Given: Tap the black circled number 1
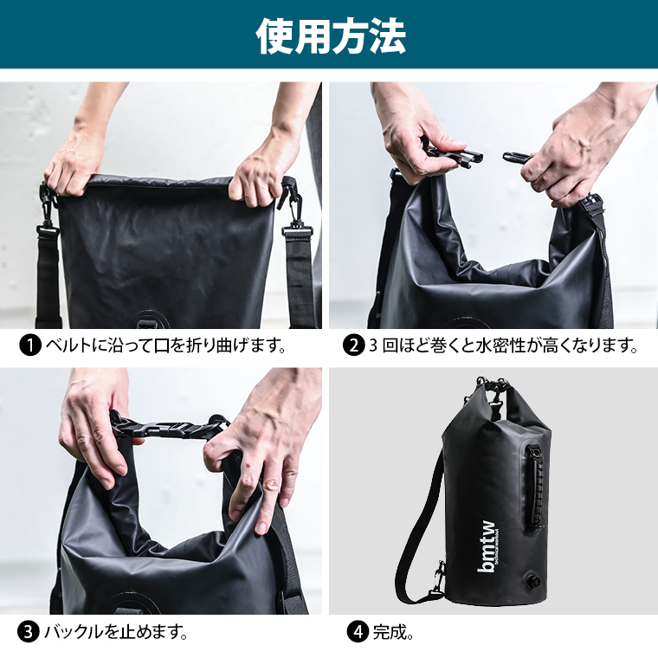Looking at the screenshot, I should tap(30, 346).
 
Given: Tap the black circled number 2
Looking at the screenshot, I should tap(353, 346).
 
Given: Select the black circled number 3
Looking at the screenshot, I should tap(30, 631).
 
